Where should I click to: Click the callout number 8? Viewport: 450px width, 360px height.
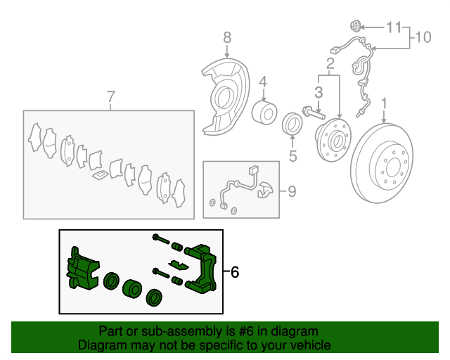pyautogui.click(x=227, y=37)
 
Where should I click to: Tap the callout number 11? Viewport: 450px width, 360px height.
pyautogui.click(x=394, y=27)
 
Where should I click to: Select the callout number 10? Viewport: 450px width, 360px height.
pyautogui.click(x=423, y=37)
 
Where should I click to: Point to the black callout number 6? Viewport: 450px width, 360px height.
pyautogui.click(x=235, y=272)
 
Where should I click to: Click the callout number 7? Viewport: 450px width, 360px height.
pyautogui.click(x=111, y=96)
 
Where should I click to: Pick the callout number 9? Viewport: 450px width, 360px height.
pyautogui.click(x=292, y=191)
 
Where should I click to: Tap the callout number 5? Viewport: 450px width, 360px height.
pyautogui.click(x=292, y=156)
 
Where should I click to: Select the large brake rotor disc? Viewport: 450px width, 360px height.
pyautogui.click(x=382, y=163)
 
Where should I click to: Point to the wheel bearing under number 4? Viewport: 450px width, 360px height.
pyautogui.click(x=264, y=112)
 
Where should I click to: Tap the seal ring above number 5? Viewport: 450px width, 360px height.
pyautogui.click(x=292, y=124)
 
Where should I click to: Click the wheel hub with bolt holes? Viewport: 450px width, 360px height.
pyautogui.click(x=333, y=140)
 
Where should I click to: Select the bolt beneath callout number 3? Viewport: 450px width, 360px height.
pyautogui.click(x=314, y=112)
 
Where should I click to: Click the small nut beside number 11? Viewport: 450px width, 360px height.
pyautogui.click(x=356, y=27)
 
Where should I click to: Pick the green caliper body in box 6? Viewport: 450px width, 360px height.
pyautogui.click(x=83, y=269)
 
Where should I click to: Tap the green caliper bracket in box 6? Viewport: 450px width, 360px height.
pyautogui.click(x=202, y=269)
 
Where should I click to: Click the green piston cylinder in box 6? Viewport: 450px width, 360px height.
pyautogui.click(x=132, y=288)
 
